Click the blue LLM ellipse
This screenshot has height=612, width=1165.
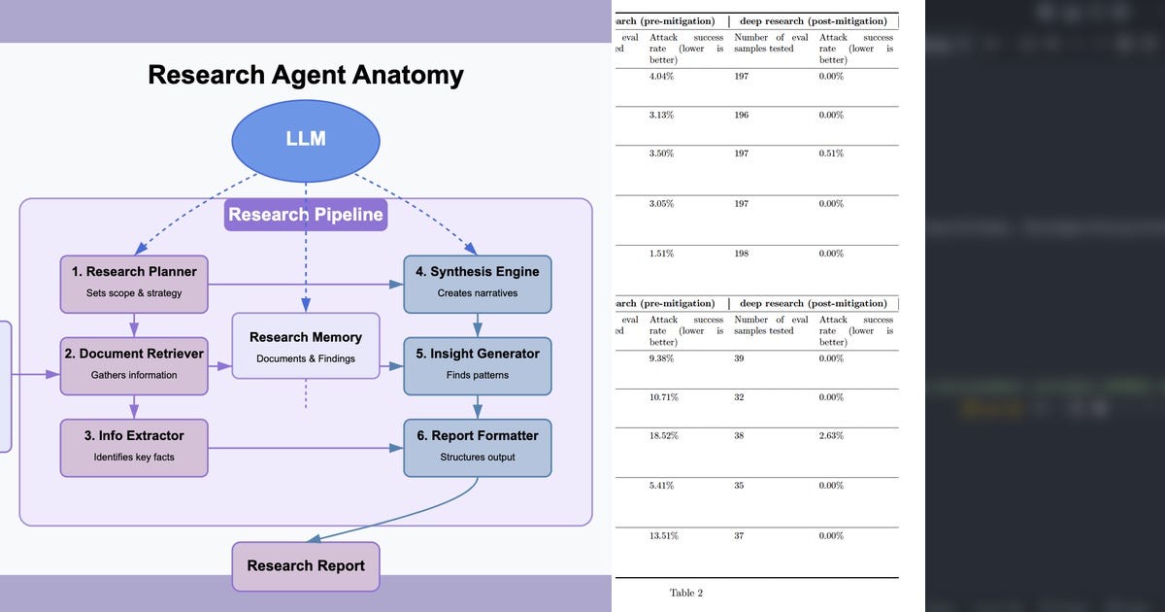[306, 139]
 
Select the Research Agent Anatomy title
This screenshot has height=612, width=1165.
[306, 75]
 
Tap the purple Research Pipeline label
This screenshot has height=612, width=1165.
[306, 215]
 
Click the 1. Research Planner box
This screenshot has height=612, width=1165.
[134, 282]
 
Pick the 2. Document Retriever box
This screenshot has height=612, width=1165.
[134, 363]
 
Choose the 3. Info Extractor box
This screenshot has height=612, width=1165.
[134, 446]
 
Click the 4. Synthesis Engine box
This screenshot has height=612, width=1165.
[477, 282]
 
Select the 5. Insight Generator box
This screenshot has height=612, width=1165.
[477, 363]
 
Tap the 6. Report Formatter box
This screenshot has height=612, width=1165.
[477, 446]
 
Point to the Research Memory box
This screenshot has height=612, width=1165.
[306, 347]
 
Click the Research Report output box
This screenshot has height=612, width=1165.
[306, 565]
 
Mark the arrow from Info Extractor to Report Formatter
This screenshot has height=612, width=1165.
[306, 448]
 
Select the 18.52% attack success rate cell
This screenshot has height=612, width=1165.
[664, 436]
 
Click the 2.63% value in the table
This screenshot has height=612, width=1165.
[831, 436]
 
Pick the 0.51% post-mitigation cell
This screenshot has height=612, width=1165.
[831, 153]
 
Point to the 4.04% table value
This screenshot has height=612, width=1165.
[661, 76]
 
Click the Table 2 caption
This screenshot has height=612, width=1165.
[685, 593]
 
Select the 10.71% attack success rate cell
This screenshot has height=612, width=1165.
[664, 397]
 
